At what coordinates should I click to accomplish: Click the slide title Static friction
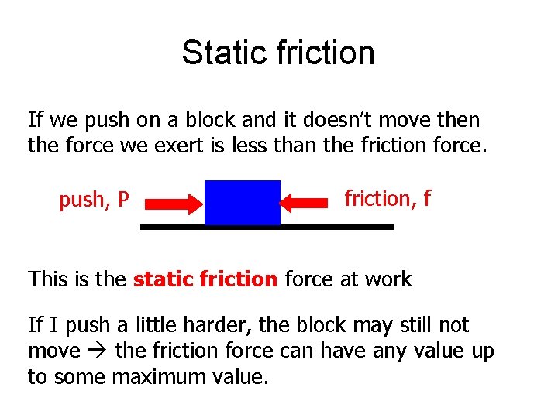tap(278, 53)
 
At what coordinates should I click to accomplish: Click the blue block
tap(242, 203)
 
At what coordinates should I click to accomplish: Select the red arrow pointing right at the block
tap(174, 204)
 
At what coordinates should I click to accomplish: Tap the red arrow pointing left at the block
tap(304, 203)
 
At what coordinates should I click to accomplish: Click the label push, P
tap(94, 200)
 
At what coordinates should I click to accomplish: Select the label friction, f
tap(387, 199)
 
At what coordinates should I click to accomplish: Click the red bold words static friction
tap(205, 279)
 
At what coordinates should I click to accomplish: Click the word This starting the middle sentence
tap(48, 279)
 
